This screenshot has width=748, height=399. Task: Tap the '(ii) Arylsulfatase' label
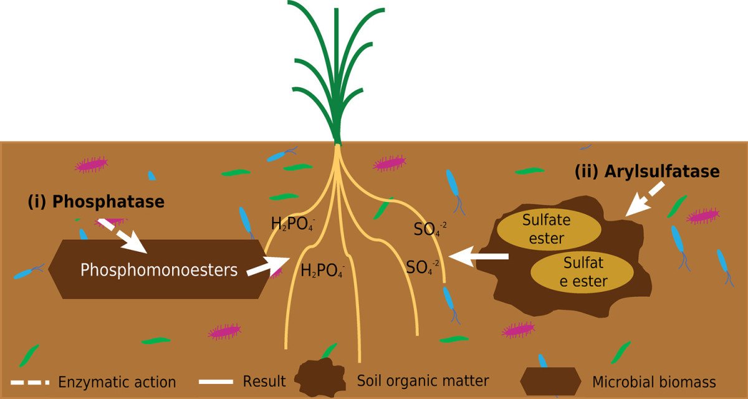click(647, 172)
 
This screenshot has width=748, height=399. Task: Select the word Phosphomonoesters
click(159, 270)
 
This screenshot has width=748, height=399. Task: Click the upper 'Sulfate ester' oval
click(547, 229)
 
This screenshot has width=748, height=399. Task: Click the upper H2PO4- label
click(293, 223)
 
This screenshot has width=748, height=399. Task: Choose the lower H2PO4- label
click(323, 271)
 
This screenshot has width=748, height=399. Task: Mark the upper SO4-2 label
click(431, 228)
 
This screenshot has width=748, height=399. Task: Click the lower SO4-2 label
click(423, 267)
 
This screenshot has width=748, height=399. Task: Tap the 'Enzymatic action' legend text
click(117, 382)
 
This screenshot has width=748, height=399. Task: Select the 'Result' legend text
click(264, 381)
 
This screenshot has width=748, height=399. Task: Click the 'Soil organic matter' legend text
click(423, 380)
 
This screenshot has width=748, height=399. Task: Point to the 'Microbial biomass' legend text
click(654, 382)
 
